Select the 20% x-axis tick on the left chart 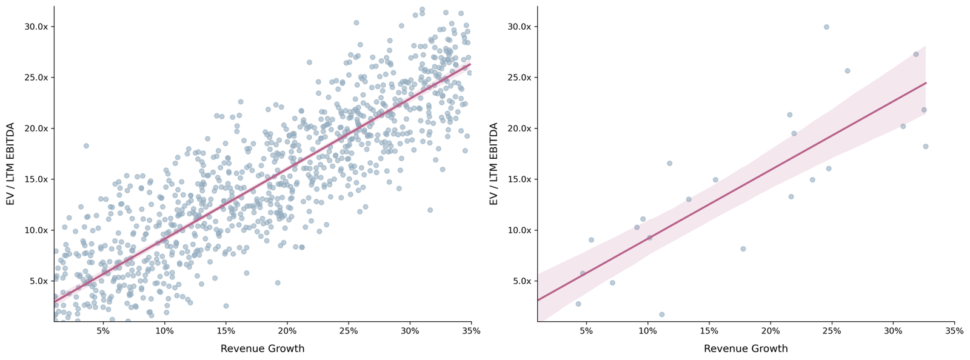(287, 331)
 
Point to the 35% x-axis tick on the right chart (954, 331)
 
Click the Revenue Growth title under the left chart (262, 348)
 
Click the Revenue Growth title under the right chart (746, 348)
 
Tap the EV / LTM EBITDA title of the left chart (10, 164)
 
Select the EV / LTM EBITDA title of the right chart (494, 164)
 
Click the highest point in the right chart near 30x (826, 27)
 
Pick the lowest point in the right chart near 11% (661, 315)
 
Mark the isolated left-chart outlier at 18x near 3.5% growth (86, 145)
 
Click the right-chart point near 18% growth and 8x (743, 248)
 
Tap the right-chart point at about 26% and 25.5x (848, 71)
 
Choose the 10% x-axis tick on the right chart (647, 331)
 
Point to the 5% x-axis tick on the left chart (103, 331)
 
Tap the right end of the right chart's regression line (926, 83)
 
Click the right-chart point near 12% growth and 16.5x (669, 163)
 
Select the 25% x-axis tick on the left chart (348, 331)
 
